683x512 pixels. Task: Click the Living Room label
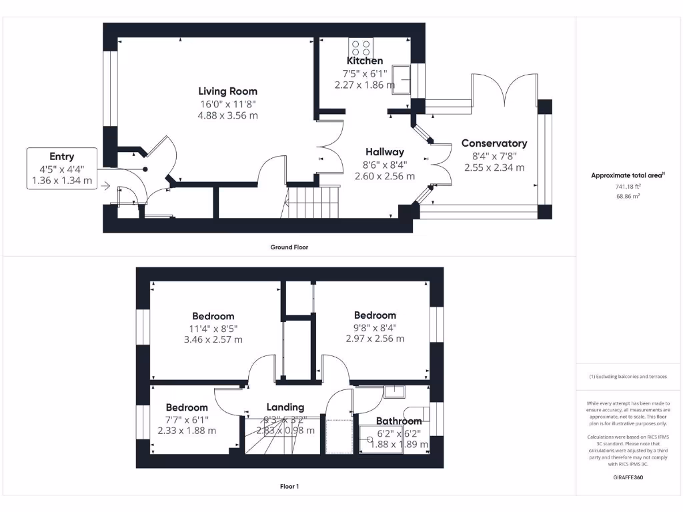[x=227, y=91]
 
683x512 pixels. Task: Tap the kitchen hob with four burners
[x=361, y=47]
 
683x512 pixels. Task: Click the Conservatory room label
[x=494, y=143]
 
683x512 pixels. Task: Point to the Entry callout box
[x=62, y=169]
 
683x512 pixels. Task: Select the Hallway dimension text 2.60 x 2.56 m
[x=384, y=177]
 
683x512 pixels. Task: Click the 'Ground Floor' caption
[x=289, y=247]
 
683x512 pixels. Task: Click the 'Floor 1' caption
[x=289, y=487]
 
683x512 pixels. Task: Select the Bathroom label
[x=399, y=421]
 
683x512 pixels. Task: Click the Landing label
[x=285, y=407]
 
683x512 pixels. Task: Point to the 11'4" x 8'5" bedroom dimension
[x=213, y=328]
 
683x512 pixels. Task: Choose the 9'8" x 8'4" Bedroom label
[x=375, y=315]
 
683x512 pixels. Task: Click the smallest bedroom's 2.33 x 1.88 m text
[x=187, y=431]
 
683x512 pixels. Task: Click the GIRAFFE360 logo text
[x=628, y=477]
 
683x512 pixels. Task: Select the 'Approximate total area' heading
[x=627, y=175]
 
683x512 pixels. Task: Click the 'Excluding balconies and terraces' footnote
[x=628, y=377]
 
